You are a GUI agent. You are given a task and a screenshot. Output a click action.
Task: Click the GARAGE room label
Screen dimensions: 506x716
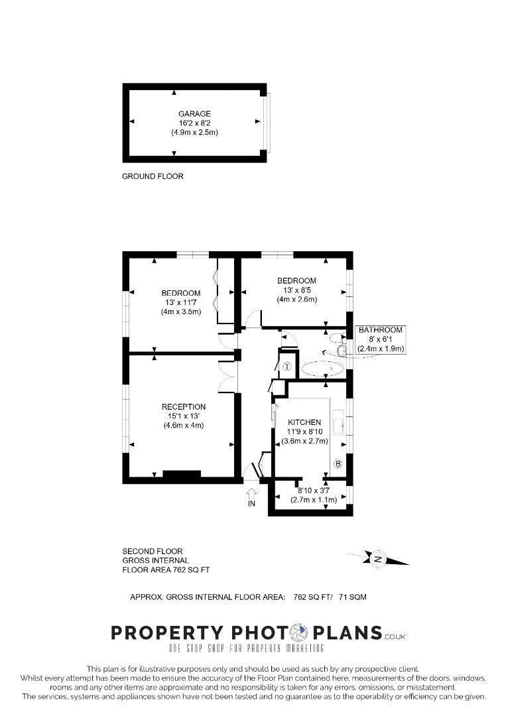click(194, 114)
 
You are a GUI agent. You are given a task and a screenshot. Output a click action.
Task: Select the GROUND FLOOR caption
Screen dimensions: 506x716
click(153, 176)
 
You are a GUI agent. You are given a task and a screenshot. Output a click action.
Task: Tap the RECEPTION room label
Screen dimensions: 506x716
click(184, 407)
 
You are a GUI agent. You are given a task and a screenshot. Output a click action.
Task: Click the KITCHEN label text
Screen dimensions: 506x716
click(304, 422)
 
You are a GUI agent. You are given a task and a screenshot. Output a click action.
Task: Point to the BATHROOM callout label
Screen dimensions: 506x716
click(381, 329)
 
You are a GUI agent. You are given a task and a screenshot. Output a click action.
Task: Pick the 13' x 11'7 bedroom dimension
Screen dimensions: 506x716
click(181, 302)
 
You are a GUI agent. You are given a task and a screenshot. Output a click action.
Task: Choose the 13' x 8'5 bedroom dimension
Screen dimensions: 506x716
click(297, 290)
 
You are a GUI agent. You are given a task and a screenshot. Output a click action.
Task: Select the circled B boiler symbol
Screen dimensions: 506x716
click(338, 464)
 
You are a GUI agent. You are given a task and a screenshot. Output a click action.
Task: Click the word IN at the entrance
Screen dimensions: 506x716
click(251, 504)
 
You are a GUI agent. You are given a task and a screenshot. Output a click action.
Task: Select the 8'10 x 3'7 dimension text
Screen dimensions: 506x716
click(314, 491)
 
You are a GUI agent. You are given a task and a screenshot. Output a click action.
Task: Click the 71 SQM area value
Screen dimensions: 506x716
click(353, 597)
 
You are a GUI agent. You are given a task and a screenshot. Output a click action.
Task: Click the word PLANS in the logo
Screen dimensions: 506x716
click(348, 633)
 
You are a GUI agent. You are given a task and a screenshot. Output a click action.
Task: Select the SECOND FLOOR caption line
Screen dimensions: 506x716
click(153, 551)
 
